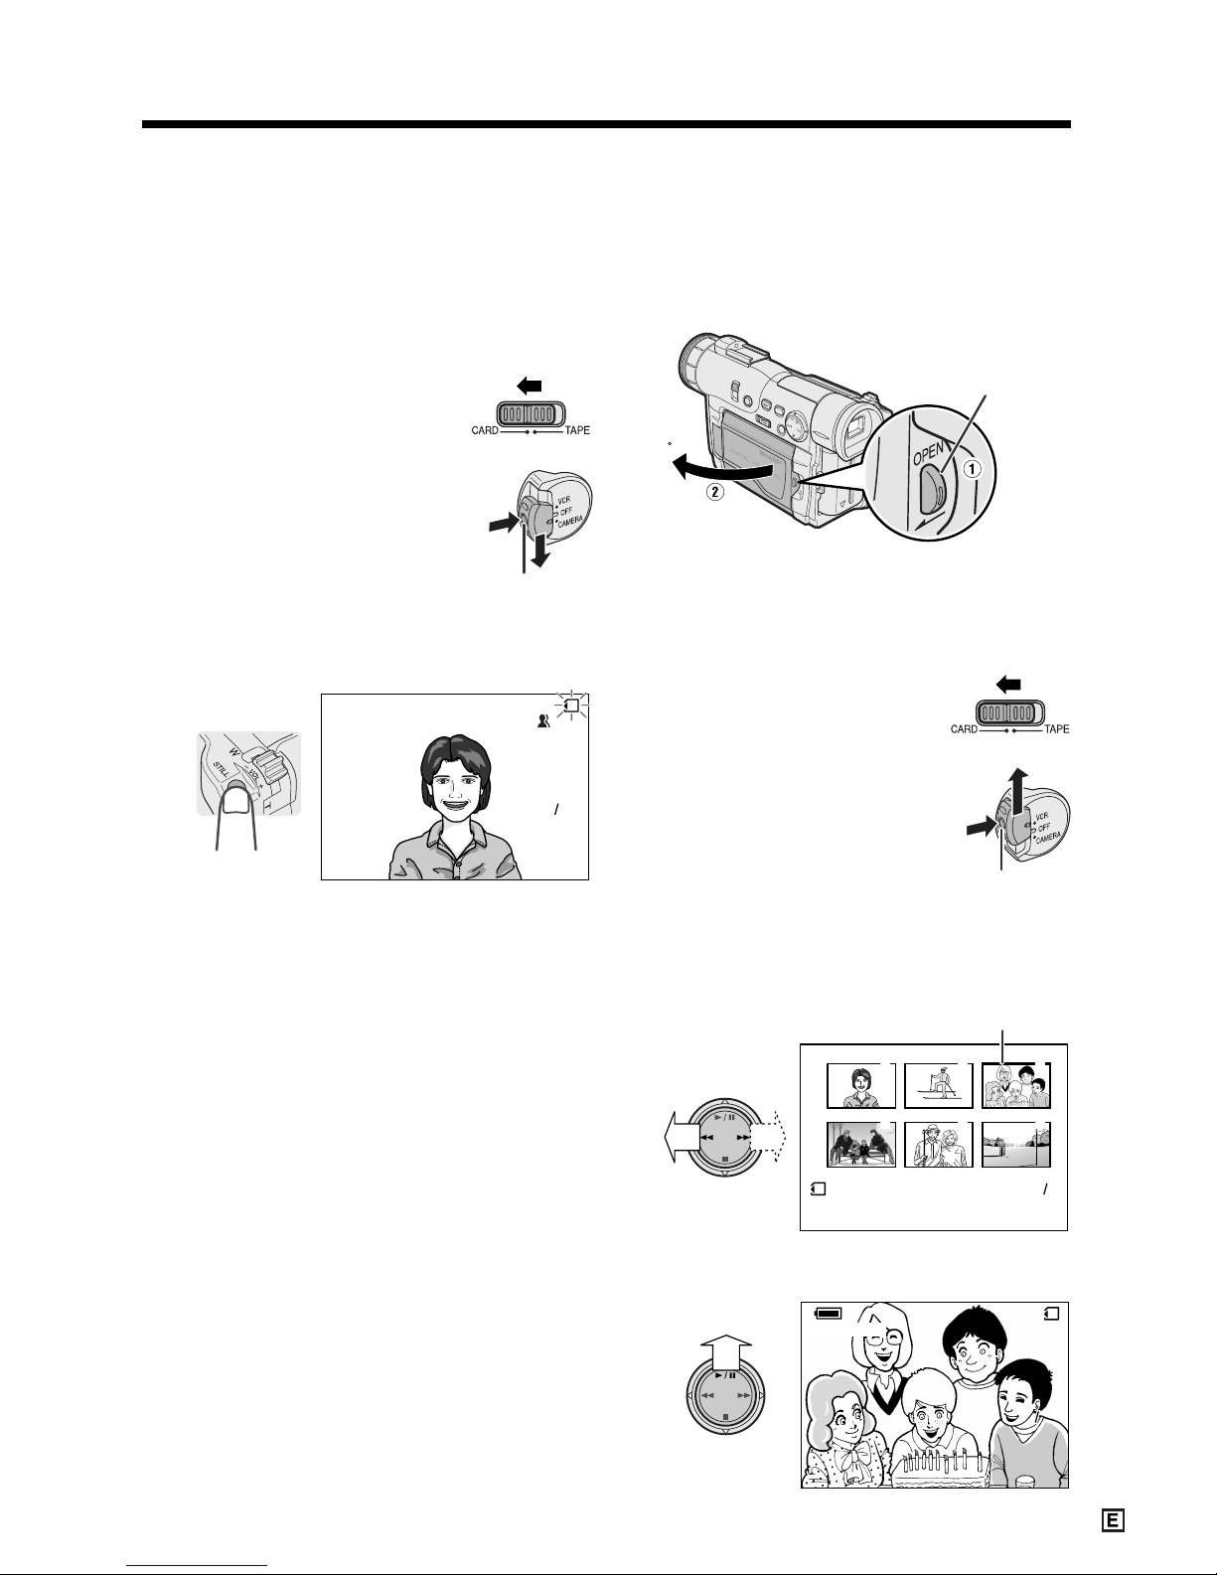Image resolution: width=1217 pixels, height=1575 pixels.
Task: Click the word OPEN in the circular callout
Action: (928, 454)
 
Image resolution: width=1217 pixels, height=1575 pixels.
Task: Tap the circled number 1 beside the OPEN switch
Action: (972, 469)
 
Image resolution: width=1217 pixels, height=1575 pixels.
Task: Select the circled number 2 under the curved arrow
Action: (714, 492)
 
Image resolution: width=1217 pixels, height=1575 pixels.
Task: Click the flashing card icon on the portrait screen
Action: (572, 706)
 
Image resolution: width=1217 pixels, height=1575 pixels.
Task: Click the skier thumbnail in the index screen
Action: (938, 1086)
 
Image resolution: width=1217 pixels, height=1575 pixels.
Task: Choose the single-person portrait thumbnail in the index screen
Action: (860, 1086)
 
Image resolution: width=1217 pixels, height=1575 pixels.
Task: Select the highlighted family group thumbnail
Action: (1016, 1086)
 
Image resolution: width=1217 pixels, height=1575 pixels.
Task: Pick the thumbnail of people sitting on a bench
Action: (860, 1145)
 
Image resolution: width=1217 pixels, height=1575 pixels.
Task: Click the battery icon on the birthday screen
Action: (829, 1313)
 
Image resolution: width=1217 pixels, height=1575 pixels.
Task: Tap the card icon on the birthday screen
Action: (1052, 1313)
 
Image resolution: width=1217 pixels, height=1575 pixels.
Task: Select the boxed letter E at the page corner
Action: (1113, 1520)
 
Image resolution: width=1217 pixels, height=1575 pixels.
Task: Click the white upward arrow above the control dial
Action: (726, 1352)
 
